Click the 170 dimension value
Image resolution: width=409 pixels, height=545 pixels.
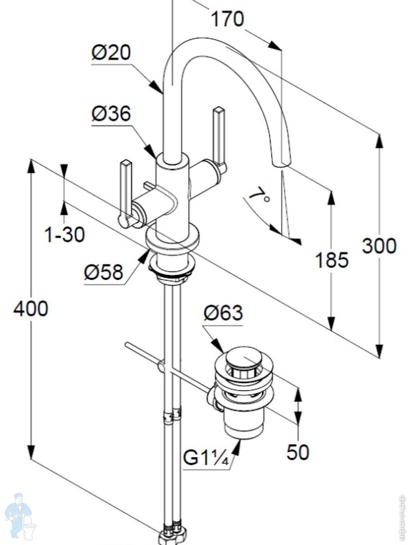coord(227,20)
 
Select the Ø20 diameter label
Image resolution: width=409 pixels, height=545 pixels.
coord(111,53)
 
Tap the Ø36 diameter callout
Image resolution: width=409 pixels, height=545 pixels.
coord(111,113)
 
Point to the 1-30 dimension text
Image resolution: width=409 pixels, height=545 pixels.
coord(64,235)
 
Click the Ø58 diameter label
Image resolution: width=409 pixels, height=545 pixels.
coord(104,272)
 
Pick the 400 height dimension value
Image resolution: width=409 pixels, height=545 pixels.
coord(30,309)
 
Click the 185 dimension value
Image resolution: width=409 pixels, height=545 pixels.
coord(332,260)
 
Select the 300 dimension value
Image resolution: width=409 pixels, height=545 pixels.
coord(379,246)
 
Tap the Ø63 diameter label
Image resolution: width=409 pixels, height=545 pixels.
coord(223,313)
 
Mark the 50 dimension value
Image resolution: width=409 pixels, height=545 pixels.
coord(298,452)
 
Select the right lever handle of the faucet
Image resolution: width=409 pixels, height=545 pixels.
coord(219,136)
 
